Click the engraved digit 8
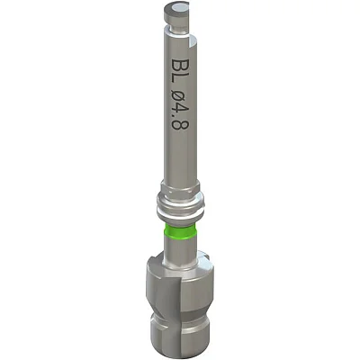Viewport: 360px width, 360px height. tap(181, 125)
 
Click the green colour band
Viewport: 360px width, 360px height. tap(180, 231)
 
